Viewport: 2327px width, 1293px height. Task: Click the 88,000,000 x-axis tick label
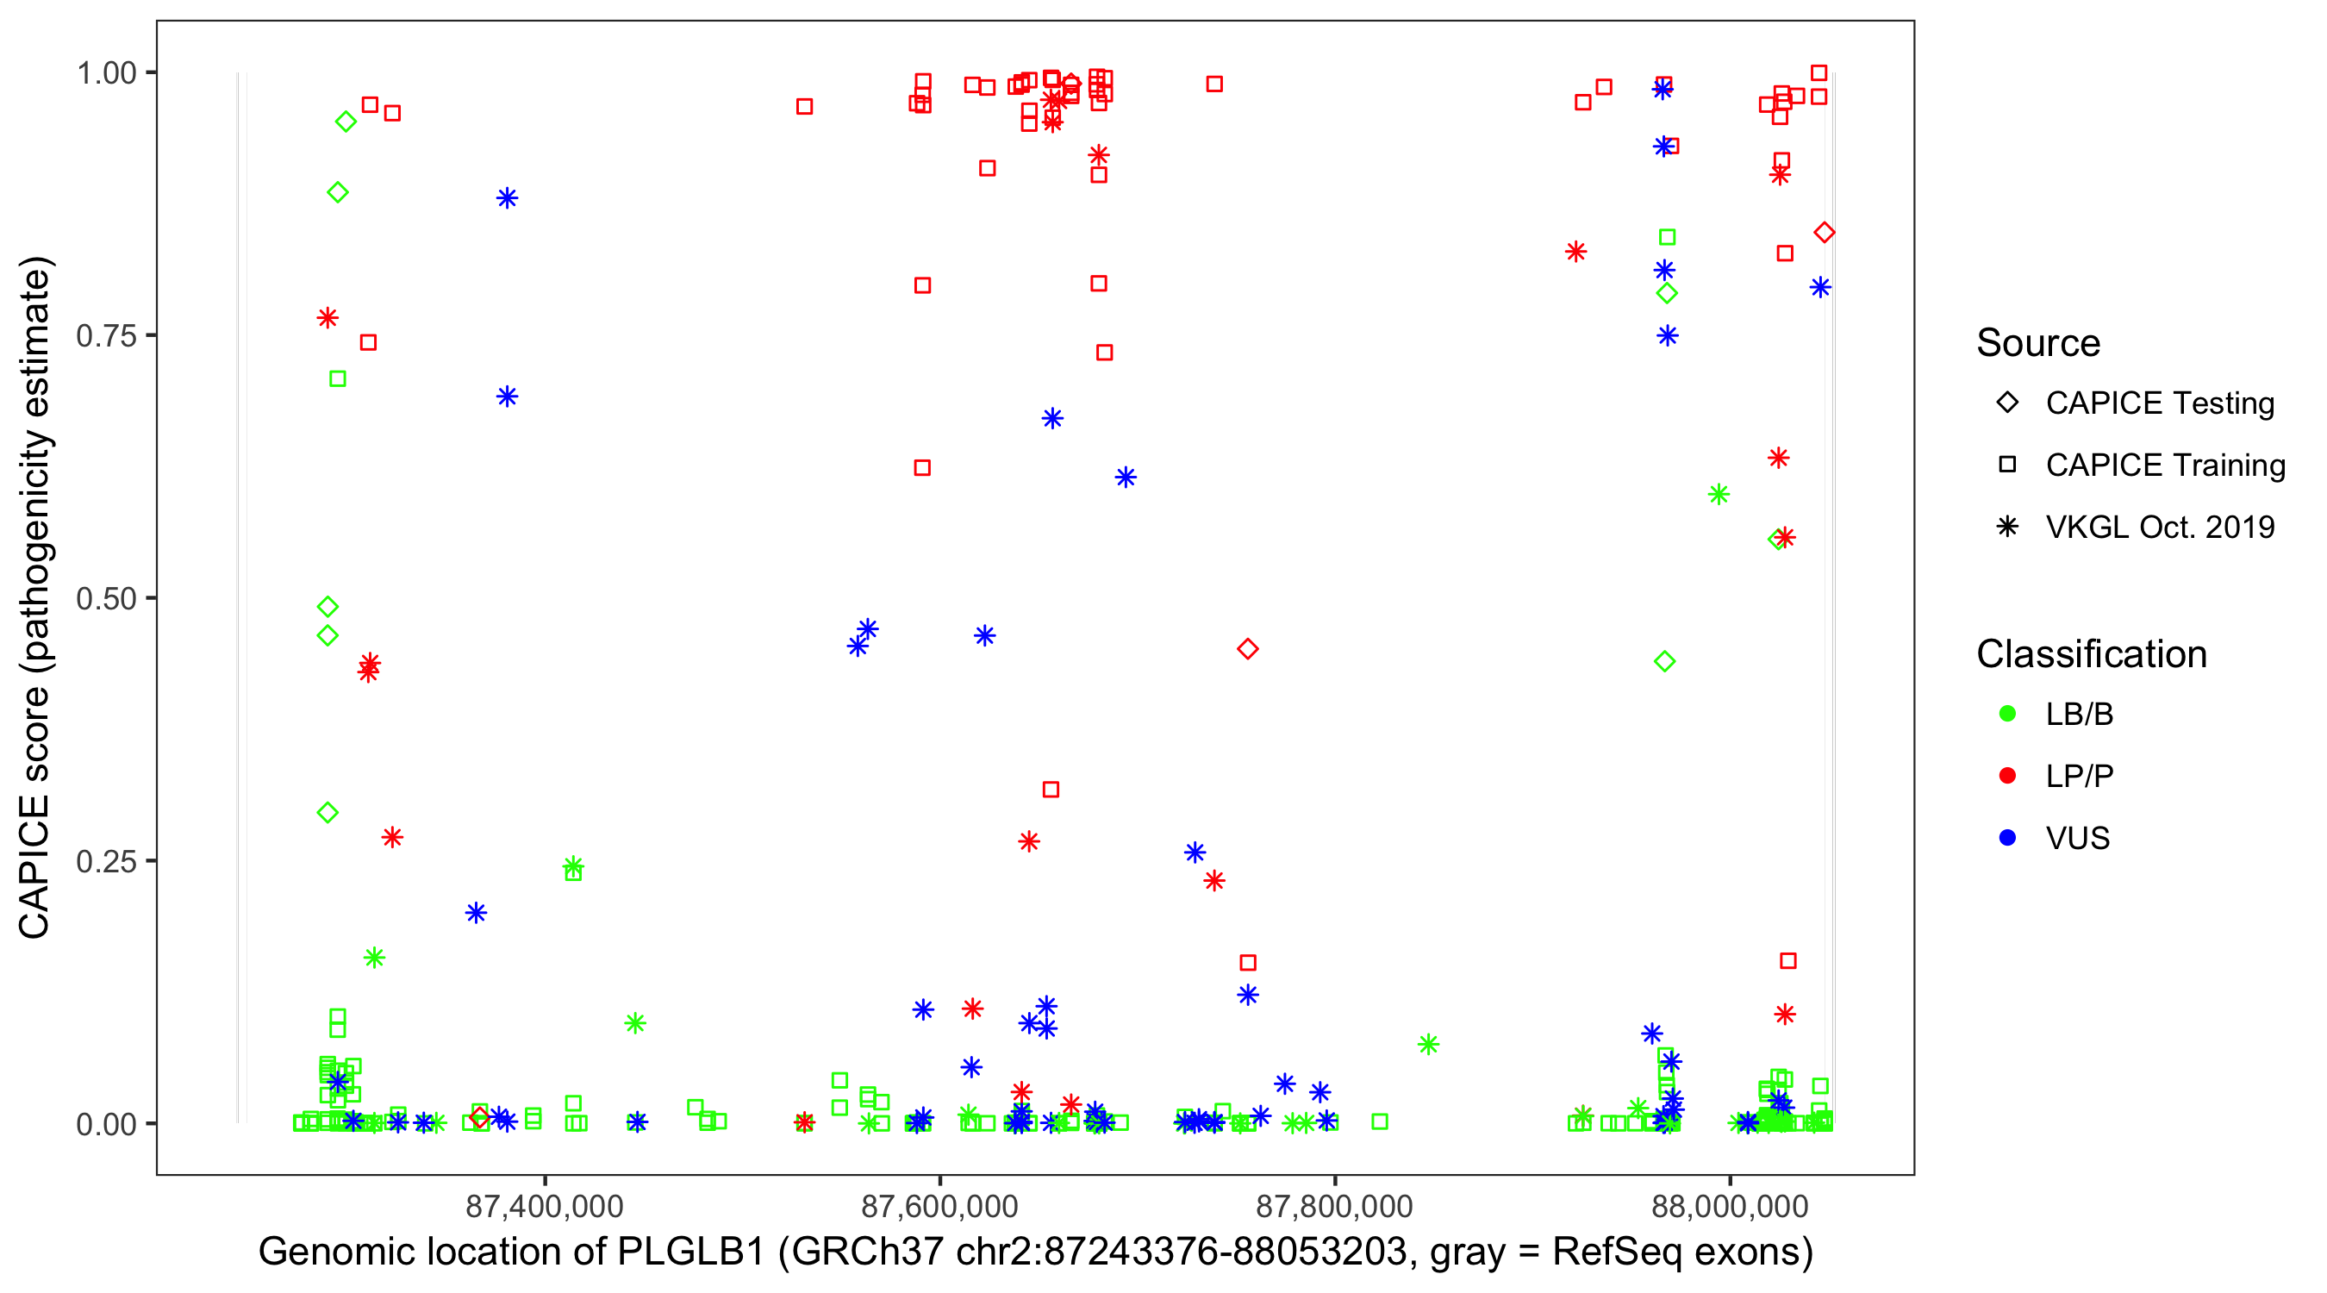point(1729,1206)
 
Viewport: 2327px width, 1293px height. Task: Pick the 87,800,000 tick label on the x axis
point(1334,1206)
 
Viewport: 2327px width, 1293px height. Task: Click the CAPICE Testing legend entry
point(2159,403)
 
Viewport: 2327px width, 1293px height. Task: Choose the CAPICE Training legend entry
point(2164,465)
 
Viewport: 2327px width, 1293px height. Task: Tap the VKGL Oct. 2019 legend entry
point(2159,527)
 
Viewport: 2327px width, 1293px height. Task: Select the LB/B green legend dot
point(2007,714)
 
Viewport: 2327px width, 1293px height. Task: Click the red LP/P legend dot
point(2007,776)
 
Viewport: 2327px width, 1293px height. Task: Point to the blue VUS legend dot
point(2007,838)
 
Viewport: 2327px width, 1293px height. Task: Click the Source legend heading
point(2038,343)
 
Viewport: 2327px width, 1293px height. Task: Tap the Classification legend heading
point(2091,654)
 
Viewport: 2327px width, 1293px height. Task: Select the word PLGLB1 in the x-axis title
point(690,1252)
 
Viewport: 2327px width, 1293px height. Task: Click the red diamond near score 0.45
point(1247,649)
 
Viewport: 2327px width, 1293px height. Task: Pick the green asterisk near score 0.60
point(1719,494)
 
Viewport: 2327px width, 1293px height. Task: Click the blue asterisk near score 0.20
point(476,913)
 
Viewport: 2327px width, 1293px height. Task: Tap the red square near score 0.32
point(1051,790)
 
